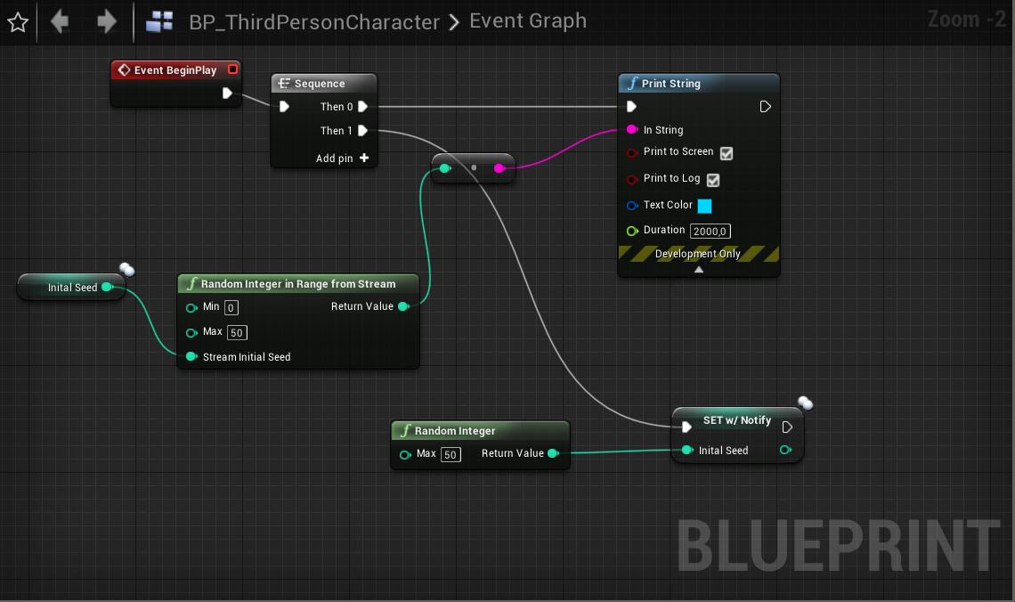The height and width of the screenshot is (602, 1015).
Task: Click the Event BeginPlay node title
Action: [x=175, y=70]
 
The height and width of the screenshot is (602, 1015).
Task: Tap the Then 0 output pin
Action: [x=363, y=107]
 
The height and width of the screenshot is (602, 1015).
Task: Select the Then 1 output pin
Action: [x=363, y=131]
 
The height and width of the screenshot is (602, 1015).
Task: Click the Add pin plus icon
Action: [x=364, y=158]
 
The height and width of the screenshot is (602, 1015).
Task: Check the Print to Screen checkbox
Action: [x=727, y=153]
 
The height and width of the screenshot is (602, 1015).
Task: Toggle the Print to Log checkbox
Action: [x=713, y=180]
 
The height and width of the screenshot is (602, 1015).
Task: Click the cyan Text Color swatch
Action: [x=705, y=206]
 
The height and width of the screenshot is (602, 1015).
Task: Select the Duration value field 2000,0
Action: [x=710, y=231]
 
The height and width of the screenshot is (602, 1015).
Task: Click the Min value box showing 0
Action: [x=231, y=308]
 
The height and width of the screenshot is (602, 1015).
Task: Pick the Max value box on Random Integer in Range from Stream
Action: [x=237, y=333]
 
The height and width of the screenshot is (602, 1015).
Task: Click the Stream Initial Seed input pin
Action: [x=191, y=357]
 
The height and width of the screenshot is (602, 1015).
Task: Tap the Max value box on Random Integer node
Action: [x=451, y=454]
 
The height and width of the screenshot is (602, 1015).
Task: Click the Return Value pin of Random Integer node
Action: [x=554, y=453]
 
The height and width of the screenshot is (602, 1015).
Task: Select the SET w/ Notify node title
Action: [x=737, y=420]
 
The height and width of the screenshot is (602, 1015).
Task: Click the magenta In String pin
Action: [x=632, y=129]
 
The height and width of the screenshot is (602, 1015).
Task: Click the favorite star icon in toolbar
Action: [x=18, y=22]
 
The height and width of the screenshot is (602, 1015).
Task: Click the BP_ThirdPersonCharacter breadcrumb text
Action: [x=314, y=22]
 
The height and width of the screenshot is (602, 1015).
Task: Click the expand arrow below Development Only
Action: [x=699, y=269]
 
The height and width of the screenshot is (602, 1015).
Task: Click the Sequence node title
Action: [x=320, y=84]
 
